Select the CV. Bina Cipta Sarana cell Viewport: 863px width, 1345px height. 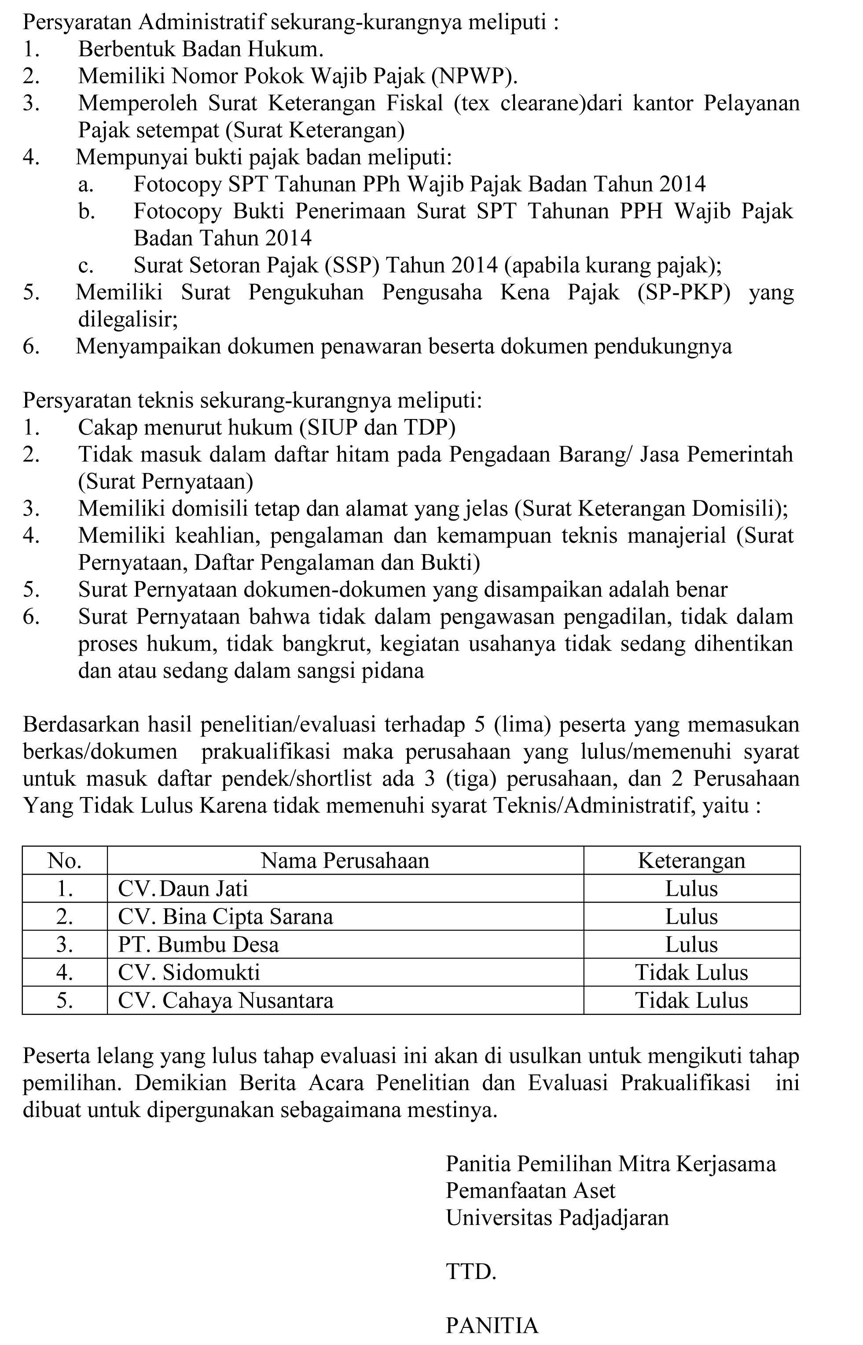pos(225,916)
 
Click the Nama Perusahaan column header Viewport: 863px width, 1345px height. pos(345,860)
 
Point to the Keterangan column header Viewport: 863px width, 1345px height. pos(691,860)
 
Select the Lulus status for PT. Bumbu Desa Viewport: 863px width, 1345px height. pos(691,944)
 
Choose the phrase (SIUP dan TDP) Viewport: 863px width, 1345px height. pos(377,428)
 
